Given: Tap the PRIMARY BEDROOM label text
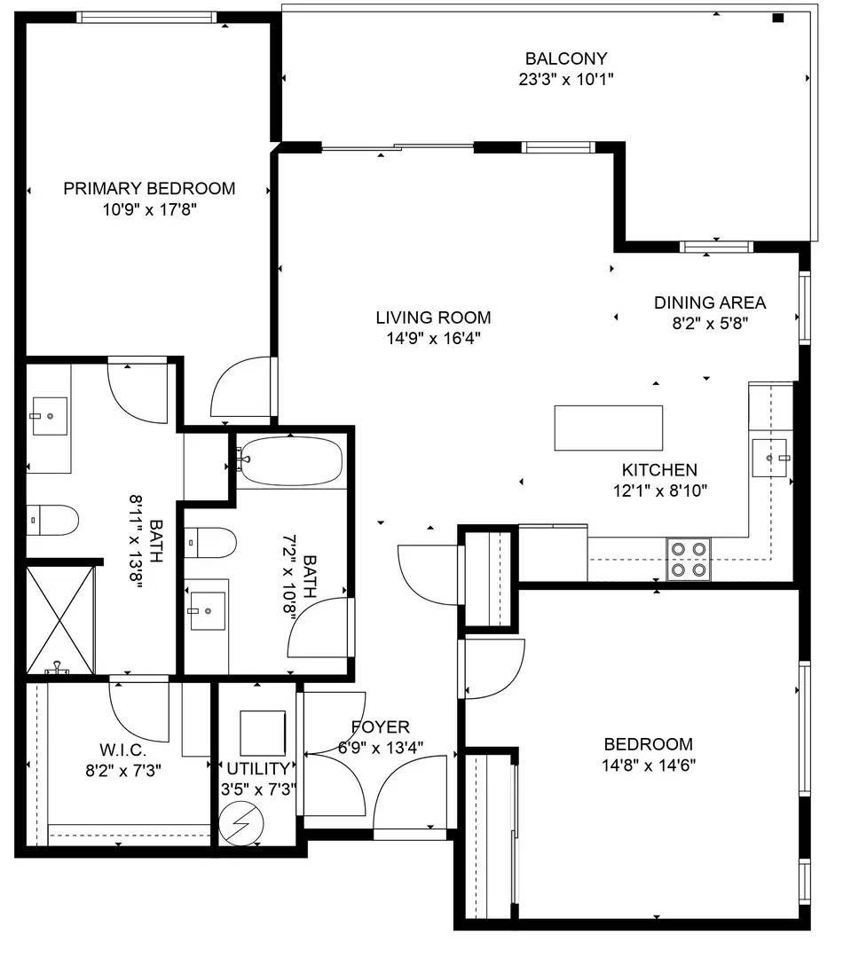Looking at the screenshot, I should tap(149, 188).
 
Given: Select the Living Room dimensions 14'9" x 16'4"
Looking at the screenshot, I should tap(432, 338).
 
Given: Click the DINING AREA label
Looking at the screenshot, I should tap(709, 302).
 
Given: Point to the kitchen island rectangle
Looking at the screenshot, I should tap(608, 428).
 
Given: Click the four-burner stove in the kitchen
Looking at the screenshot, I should tap(689, 559).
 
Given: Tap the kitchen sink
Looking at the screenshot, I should tap(769, 457).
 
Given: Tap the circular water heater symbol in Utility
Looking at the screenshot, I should tap(242, 826).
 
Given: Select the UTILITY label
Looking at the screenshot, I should tap(257, 768).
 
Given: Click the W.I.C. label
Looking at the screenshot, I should tap(122, 750).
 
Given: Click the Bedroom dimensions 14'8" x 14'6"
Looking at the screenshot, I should tap(648, 765).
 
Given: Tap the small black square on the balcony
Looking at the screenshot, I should tap(778, 18).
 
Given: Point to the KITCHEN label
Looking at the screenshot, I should tap(658, 470).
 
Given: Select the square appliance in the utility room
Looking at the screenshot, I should tap(263, 731).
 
